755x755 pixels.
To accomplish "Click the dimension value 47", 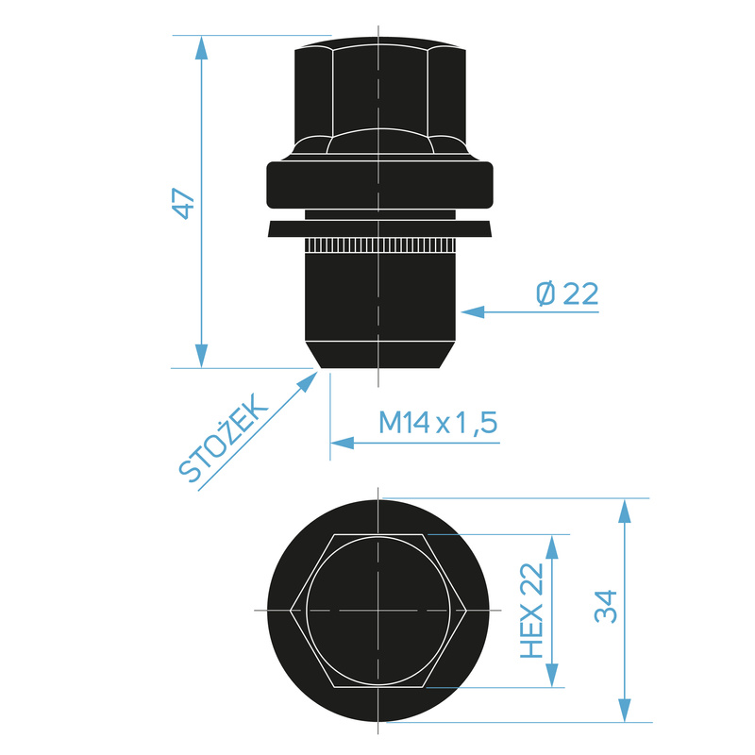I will click(x=183, y=203).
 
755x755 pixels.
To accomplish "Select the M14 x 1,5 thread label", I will click(x=438, y=423).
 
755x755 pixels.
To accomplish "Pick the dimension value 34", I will click(x=605, y=606).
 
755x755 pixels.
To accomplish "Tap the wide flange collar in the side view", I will click(x=378, y=185).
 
